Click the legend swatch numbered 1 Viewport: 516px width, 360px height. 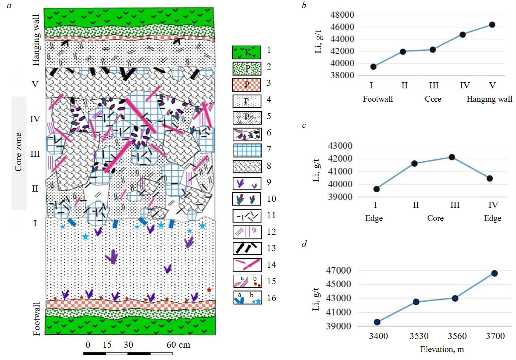246,52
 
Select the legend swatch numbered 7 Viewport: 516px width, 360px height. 247,150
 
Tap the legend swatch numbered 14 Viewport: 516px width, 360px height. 247,265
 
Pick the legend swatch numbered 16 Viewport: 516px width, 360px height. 247,298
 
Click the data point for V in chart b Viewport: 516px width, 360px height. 492,25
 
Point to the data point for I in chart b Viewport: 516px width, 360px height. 373,67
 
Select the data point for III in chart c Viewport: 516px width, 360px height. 452,157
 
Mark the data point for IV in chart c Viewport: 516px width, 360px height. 490,178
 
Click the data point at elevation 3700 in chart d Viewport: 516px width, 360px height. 494,273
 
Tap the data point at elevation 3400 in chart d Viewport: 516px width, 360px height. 377,322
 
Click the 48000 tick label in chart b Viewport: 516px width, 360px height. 342,15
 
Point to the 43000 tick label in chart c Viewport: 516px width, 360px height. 340,146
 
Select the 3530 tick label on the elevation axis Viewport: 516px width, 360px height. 419,336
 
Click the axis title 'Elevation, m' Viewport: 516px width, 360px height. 442,349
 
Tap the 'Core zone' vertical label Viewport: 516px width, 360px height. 18,152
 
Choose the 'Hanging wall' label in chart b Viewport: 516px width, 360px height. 489,99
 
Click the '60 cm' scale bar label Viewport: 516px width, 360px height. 178,345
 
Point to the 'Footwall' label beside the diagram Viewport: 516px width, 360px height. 37,319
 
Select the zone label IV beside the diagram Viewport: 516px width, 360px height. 35,119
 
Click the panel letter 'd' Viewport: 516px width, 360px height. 304,244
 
